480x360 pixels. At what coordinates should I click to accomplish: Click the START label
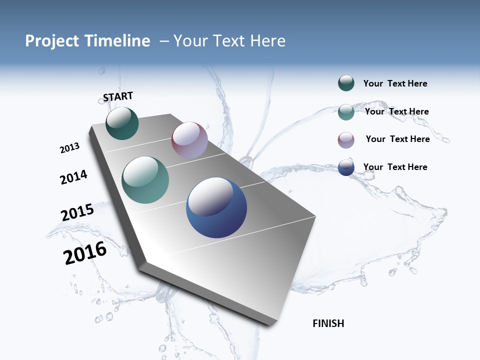point(118,96)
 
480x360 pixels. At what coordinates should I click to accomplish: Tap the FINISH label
point(328,323)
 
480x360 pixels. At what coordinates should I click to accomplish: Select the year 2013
point(70,148)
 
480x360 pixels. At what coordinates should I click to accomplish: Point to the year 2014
point(74,177)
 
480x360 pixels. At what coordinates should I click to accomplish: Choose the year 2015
point(77,212)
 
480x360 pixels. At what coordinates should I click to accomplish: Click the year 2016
point(85,253)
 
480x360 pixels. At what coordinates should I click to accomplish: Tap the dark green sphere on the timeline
point(122,123)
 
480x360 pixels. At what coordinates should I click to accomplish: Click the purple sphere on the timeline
point(189,140)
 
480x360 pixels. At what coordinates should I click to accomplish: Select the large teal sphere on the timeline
point(145,180)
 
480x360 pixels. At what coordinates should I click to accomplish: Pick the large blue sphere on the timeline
point(216,207)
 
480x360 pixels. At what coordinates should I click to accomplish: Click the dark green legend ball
point(346,83)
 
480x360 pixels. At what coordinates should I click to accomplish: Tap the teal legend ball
point(346,112)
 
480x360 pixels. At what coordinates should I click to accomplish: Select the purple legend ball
point(346,140)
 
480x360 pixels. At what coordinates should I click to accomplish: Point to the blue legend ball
point(346,168)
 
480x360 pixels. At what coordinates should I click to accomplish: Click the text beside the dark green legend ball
point(395,84)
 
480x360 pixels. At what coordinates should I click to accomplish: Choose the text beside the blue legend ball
point(395,167)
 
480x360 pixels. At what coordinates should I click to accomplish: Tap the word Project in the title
point(50,41)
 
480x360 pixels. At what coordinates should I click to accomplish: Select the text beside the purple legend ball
point(397,139)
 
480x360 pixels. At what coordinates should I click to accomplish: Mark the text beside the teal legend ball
point(396,111)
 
